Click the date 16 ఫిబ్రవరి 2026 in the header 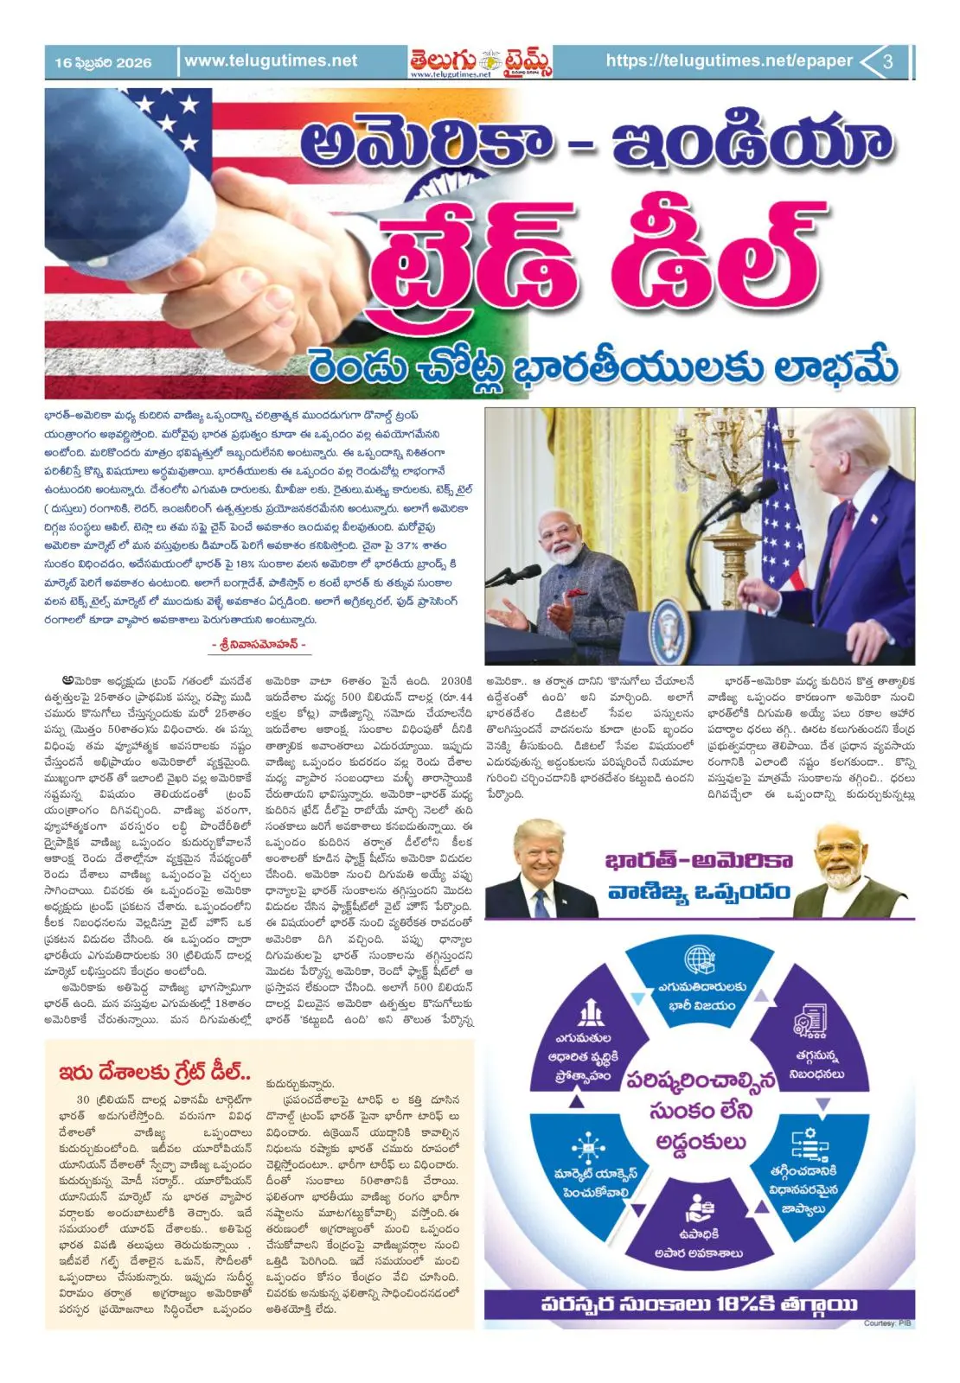coord(102,62)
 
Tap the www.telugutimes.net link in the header coord(270,61)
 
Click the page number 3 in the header coord(887,61)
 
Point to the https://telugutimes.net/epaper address coord(728,61)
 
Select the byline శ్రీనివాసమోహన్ coord(259,645)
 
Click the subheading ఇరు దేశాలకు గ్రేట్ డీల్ coord(155,1073)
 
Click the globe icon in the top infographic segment coord(699,960)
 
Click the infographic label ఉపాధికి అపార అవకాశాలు coord(698,1243)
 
